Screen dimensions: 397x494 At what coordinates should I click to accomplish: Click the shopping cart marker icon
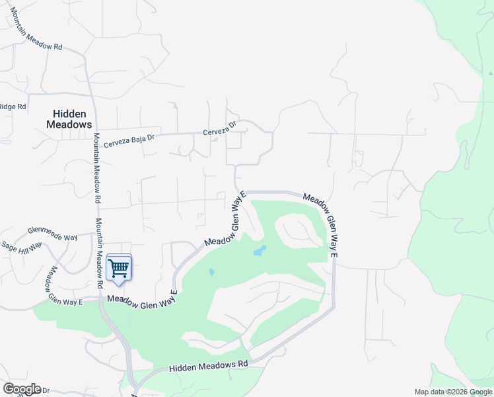tap(118, 268)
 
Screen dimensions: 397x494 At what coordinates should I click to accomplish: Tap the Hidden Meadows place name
tap(69, 119)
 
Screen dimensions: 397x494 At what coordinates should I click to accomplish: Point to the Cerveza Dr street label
tap(219, 128)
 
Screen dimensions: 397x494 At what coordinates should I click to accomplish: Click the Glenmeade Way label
tap(52, 233)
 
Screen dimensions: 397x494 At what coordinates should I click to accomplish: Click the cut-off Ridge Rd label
tap(13, 107)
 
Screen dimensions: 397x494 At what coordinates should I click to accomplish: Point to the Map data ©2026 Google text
tap(453, 392)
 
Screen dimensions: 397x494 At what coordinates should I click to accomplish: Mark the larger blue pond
tap(260, 251)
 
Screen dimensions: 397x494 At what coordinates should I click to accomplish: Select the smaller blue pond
tap(211, 271)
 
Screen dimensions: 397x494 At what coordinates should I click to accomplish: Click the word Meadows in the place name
tap(69, 124)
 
